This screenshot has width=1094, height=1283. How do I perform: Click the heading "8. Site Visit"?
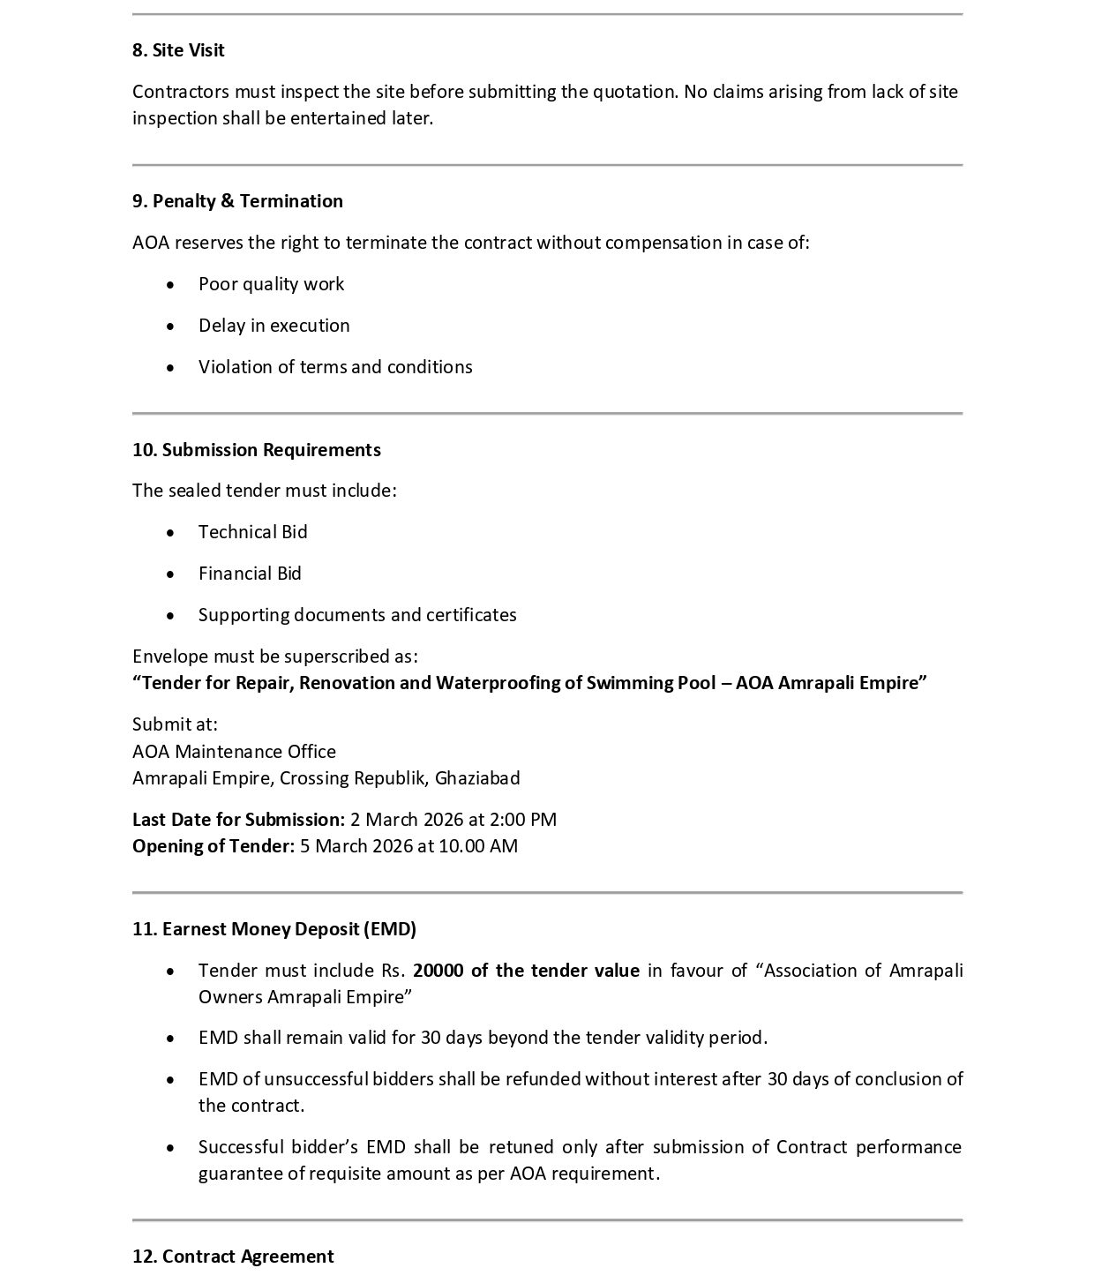pos(178,50)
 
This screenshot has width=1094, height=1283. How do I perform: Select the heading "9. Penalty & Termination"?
pos(237,201)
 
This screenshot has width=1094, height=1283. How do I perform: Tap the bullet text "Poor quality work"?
pos(271,284)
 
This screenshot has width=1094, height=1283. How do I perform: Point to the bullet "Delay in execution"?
pos(273,326)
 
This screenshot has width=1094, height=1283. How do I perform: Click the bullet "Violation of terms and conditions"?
pos(335,367)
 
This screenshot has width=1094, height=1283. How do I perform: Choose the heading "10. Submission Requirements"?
pos(257,450)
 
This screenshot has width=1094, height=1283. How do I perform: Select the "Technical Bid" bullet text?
pos(252,532)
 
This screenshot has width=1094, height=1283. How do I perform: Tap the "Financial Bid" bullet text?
pos(250,574)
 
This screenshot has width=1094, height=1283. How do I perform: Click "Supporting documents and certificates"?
pos(357,615)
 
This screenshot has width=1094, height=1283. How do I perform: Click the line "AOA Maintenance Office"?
pos(234,752)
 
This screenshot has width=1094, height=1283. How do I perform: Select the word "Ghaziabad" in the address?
pos(477,778)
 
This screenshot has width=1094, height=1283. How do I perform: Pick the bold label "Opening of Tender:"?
pos(214,846)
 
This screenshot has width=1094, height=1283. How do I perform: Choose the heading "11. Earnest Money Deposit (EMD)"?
pos(274,929)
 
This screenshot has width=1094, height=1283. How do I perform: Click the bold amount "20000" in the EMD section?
pos(438,971)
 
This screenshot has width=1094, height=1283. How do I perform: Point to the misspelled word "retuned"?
pos(521,1147)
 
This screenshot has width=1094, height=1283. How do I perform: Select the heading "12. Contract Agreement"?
pos(233,1257)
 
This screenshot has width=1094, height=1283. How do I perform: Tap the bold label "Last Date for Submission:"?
pos(238,820)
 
